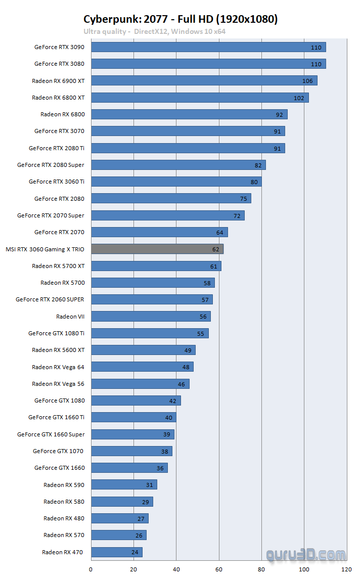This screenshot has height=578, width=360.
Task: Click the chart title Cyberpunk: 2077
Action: tap(180, 19)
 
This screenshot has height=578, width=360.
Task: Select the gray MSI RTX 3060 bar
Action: tap(157, 249)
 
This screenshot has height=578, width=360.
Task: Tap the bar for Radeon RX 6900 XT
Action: tap(204, 81)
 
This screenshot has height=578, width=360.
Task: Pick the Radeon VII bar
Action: tap(151, 317)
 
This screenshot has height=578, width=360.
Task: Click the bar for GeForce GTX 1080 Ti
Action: tap(150, 333)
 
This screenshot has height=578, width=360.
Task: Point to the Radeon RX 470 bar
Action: tap(117, 552)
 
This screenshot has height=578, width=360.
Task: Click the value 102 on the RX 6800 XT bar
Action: tap(299, 98)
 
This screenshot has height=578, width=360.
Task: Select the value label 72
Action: tap(237, 215)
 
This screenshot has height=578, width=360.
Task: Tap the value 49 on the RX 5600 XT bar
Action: tap(188, 350)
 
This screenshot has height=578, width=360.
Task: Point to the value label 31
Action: tap(149, 484)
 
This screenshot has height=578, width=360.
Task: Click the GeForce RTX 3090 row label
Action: tap(59, 47)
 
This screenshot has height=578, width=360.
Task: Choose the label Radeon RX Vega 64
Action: tap(58, 367)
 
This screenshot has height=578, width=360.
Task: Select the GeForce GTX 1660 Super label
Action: tap(51, 434)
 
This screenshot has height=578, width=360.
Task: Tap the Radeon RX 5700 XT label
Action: tap(58, 266)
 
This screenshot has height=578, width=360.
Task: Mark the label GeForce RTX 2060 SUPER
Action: tap(50, 299)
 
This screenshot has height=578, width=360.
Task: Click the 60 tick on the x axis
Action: tap(219, 569)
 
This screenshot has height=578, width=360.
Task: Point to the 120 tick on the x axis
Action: tap(346, 569)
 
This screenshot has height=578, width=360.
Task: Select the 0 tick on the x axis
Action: tap(91, 569)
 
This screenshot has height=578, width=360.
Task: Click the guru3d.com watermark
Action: tap(306, 555)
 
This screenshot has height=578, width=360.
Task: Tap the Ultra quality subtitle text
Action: tap(154, 31)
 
